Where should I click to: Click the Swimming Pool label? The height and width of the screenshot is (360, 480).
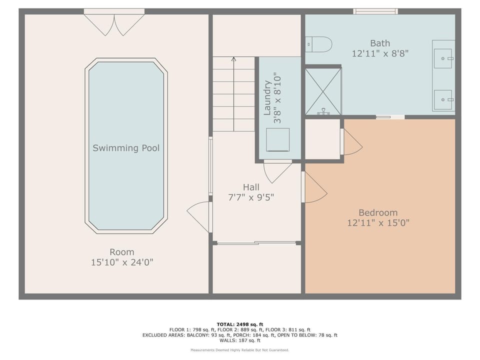[126, 148]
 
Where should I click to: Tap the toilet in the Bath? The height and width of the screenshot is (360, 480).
[318, 44]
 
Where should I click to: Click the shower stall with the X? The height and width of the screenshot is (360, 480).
[323, 91]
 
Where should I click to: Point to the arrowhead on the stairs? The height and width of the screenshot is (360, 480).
[233, 59]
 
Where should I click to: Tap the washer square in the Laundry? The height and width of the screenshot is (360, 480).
[277, 140]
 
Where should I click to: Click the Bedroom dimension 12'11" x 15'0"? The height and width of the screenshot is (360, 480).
[378, 222]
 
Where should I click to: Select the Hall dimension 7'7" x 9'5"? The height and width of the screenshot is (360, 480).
[251, 197]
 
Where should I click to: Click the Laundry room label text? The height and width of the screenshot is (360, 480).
[267, 97]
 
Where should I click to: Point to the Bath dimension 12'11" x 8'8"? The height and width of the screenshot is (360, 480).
[380, 53]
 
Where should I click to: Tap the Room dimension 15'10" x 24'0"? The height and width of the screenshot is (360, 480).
[122, 262]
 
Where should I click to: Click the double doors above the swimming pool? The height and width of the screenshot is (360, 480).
[114, 25]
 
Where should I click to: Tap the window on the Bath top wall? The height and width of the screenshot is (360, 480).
[375, 11]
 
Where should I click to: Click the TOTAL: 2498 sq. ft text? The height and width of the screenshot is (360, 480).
[239, 324]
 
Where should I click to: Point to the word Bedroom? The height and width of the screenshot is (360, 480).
[378, 212]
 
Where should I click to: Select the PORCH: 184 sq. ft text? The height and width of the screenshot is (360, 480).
[254, 335]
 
